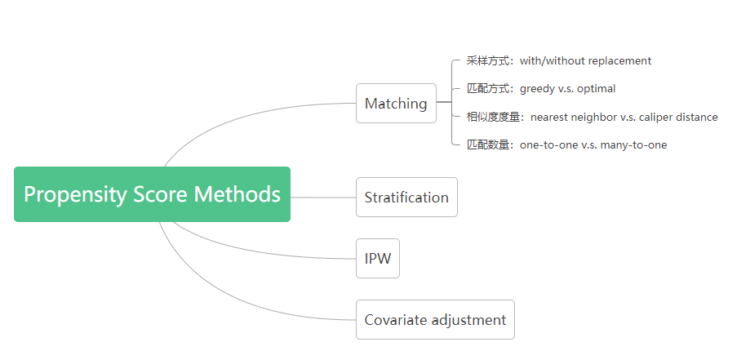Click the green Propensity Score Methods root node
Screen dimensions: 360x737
[152, 194]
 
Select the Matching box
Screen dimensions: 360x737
[396, 104]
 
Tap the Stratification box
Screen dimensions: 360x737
[406, 198]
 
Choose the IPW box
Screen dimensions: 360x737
[378, 259]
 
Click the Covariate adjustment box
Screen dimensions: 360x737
[435, 320]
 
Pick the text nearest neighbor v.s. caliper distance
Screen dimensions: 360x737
[624, 117]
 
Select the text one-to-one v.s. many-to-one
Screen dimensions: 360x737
[593, 144]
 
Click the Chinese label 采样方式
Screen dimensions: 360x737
[487, 60]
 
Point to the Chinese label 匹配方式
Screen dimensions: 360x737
[487, 88]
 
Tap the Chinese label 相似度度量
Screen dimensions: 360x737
[493, 117]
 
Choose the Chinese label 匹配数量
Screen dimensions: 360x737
[487, 144]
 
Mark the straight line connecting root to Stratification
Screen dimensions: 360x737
[323, 197]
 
